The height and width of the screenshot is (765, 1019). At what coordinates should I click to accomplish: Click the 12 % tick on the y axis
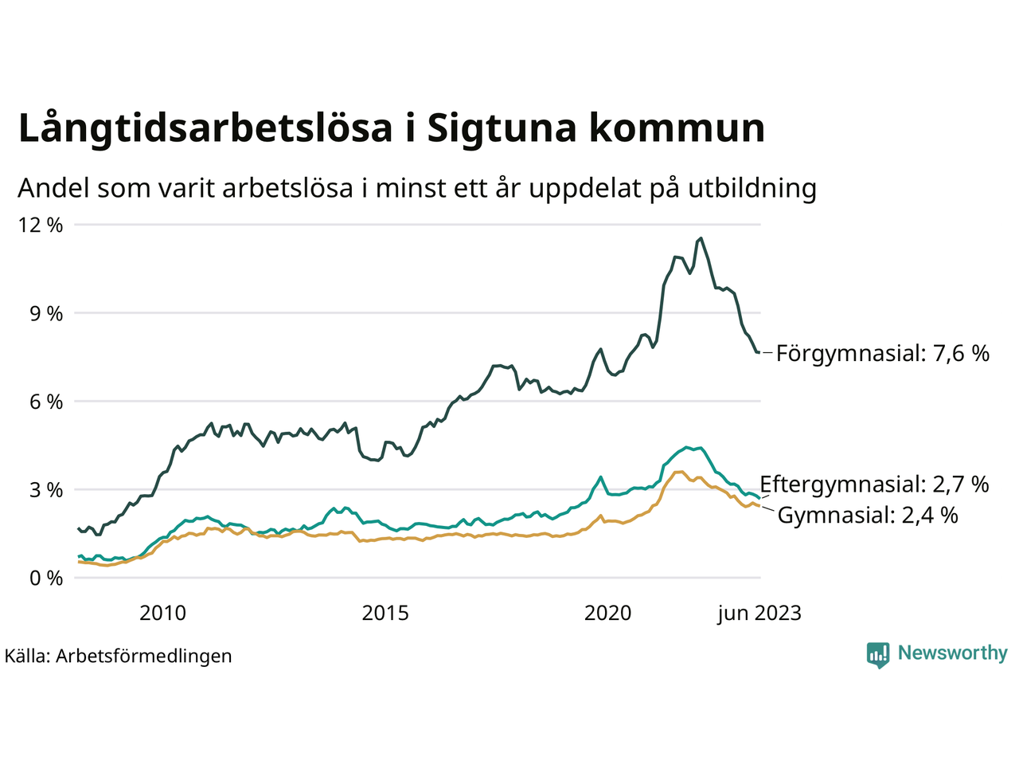point(40,225)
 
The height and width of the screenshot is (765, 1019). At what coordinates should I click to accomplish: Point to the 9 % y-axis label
point(45,313)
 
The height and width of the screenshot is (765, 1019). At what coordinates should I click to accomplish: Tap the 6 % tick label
point(45,402)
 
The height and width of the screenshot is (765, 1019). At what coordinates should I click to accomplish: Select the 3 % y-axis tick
point(45,490)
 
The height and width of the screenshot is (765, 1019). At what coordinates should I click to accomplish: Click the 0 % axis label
point(45,579)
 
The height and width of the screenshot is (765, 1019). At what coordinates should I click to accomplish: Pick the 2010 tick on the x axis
point(162,613)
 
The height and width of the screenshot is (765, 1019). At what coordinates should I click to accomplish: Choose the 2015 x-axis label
point(385,613)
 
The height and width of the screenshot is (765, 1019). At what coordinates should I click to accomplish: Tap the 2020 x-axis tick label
point(607,613)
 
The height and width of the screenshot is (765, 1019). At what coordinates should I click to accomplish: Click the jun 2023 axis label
point(759,613)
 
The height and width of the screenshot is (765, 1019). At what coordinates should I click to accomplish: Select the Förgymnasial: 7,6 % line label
point(883,353)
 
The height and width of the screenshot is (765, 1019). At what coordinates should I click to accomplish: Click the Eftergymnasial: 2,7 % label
point(874,484)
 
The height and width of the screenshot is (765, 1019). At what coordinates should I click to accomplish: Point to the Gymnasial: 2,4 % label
point(868,515)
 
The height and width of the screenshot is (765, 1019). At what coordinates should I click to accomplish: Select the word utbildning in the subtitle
point(752,188)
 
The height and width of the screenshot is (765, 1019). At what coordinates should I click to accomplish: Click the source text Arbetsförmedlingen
point(144,656)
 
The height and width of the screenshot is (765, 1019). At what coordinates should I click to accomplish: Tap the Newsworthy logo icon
point(878,654)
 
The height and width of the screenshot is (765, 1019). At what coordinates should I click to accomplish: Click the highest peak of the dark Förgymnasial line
point(700,238)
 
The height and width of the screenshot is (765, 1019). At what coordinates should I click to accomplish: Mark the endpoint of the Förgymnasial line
point(759,352)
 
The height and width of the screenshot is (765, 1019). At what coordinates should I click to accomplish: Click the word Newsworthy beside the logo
point(952,653)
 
